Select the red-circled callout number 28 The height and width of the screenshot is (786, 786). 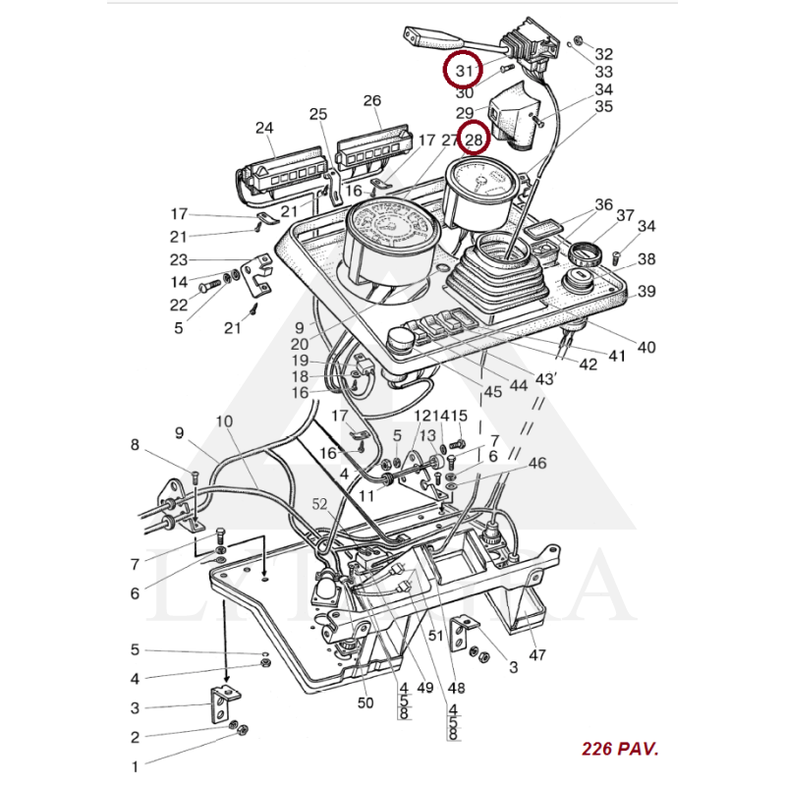pos(474,140)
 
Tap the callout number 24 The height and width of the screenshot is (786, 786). pos(264,128)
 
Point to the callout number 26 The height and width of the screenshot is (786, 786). pos(371,101)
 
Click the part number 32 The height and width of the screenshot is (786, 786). pos(603,55)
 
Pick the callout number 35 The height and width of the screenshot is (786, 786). pos(603,106)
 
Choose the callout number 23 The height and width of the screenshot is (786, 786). pos(179,260)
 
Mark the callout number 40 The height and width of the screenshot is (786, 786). pos(646,347)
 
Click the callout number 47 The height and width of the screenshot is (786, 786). pos(537,654)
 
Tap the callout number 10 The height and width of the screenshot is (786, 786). pos(224,422)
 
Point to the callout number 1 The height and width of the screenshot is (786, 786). pos(136,765)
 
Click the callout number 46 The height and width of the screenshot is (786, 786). pos(536,463)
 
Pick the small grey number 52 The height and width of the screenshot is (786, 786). pos(320,504)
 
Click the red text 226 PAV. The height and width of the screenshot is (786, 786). pos(620,749)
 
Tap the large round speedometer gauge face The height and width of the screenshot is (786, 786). pos(391,228)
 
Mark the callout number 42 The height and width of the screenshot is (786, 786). pos(588,365)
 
